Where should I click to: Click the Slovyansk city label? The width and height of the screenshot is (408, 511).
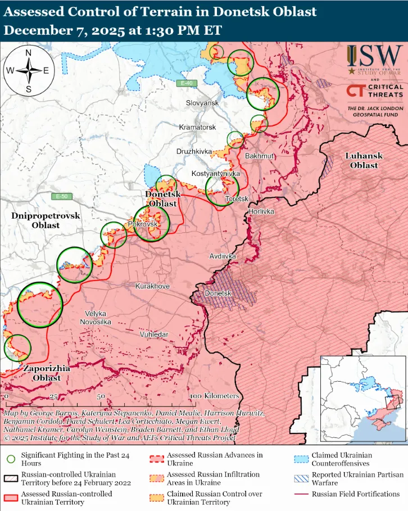202,103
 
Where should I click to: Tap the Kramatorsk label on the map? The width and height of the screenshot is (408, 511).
197,128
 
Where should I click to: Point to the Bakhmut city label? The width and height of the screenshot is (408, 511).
259,156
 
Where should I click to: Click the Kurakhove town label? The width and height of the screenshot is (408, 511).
152,286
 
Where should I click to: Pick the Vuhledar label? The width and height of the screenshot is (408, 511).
153,334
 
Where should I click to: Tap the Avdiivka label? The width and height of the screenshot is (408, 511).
222,256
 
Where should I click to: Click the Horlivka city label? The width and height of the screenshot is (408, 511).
261,211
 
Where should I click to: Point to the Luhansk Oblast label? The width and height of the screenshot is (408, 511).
364,160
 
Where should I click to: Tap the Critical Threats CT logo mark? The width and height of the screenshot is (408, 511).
355,91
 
